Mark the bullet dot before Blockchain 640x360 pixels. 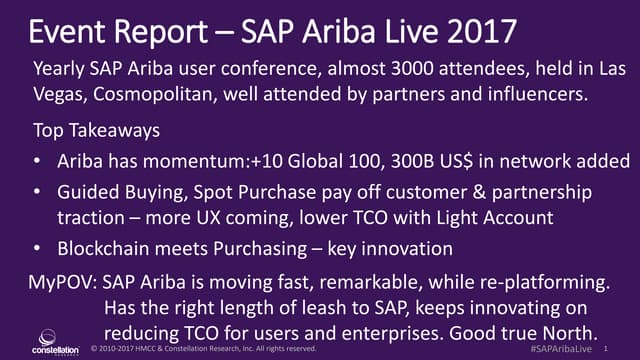pos(37,247)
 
